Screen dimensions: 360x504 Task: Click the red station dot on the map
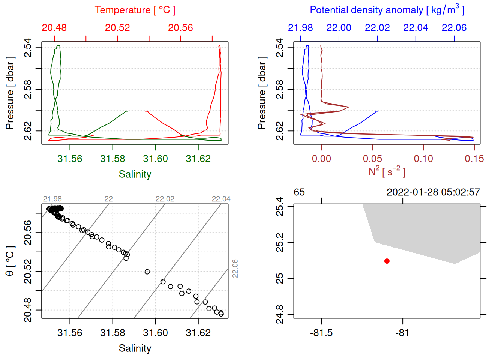coord(387,261)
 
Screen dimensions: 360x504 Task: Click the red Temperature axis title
coord(135,10)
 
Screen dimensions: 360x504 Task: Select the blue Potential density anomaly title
coord(387,10)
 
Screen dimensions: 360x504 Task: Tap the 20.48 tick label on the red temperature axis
coord(54,28)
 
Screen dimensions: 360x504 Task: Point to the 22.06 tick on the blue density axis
coord(454,28)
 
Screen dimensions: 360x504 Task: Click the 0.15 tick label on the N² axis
coord(474,159)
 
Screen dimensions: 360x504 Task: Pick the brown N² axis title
coord(387,172)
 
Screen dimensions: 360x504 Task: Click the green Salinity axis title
coord(135,174)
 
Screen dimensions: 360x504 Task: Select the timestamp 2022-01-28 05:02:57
coord(433,192)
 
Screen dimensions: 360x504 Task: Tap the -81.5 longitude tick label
coord(321,333)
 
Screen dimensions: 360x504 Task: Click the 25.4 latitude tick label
coord(280,207)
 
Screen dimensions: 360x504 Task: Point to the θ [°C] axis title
coord(10,261)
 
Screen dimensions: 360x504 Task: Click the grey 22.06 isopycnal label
coord(235,268)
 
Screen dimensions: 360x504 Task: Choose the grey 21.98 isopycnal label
coord(52,199)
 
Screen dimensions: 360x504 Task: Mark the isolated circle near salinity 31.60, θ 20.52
coord(147,272)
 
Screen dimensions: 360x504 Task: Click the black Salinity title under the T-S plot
coord(135,348)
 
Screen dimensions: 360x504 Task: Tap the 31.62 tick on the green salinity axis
coord(198,159)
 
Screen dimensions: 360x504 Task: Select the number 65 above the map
coord(299,192)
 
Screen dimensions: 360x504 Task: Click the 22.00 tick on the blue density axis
coord(339,28)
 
